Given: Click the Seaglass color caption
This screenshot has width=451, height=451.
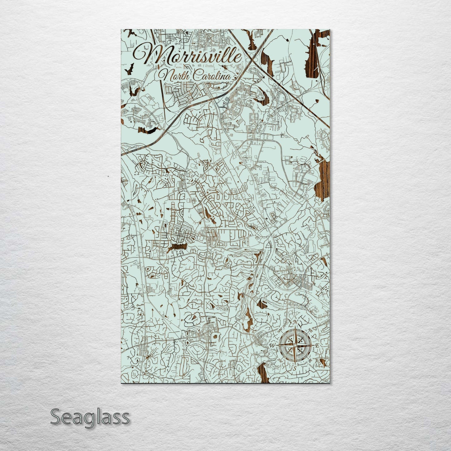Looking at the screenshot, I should click(x=90, y=417).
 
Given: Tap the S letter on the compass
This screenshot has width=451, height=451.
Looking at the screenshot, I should click(x=294, y=368).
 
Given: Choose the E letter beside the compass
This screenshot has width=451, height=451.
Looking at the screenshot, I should click(x=317, y=346).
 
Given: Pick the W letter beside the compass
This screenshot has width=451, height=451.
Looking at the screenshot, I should click(x=272, y=346).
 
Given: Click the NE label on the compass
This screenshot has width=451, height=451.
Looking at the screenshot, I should click(x=310, y=330).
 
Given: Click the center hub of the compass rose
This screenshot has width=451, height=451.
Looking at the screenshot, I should click(x=294, y=346).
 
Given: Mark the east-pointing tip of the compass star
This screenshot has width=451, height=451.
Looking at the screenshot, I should click(x=313, y=346).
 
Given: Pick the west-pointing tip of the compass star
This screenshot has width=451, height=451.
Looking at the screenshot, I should click(x=276, y=346).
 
